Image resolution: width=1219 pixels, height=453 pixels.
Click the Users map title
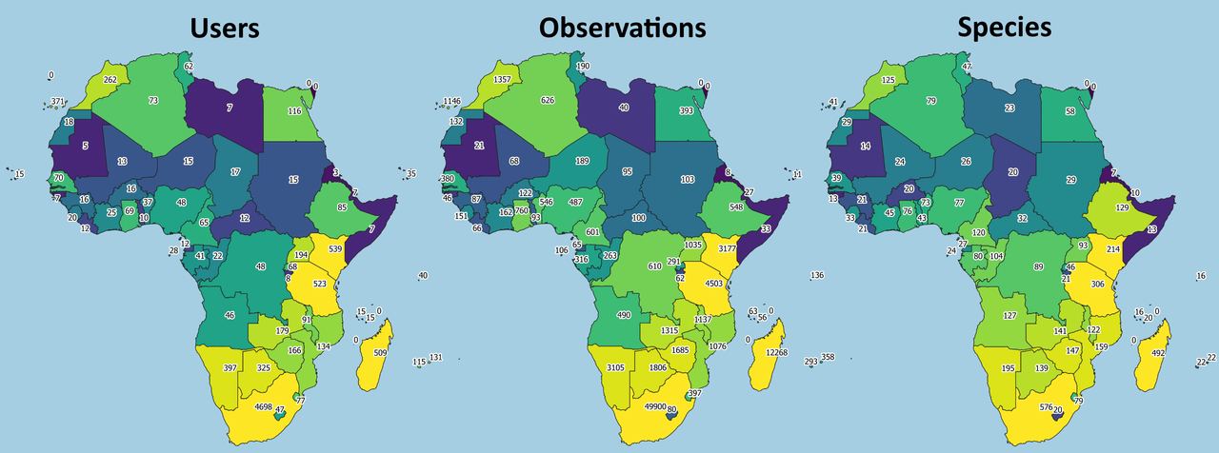coord(226,28)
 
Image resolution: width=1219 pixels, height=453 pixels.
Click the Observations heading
coord(623,28)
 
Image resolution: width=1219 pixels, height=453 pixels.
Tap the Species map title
coord(1006,28)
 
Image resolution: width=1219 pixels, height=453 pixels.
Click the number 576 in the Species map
coord(1045,407)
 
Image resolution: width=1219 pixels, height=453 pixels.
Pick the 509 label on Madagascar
coord(380,354)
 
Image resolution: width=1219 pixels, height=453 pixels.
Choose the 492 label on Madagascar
coord(1158,354)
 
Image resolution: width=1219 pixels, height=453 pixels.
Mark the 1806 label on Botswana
coord(658,367)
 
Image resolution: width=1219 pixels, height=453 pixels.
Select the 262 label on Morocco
coord(110,80)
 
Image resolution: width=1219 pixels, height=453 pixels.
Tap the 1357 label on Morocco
coord(504,80)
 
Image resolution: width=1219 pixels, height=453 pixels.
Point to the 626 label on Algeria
coord(547,100)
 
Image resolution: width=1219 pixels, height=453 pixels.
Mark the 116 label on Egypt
coord(294,111)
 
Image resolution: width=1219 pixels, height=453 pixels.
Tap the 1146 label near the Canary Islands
coord(451,101)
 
